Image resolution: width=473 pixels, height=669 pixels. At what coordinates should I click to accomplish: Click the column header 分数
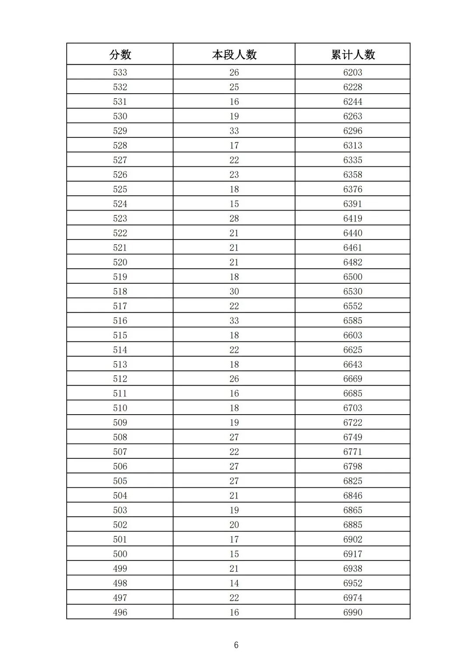(120, 55)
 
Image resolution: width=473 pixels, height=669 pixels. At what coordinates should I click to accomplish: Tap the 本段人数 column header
(234, 55)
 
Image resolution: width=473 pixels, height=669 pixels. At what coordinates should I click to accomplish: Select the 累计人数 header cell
(353, 55)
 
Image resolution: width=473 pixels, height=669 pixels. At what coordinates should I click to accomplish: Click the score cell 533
(120, 73)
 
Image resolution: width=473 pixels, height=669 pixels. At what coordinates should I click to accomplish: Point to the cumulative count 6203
(353, 73)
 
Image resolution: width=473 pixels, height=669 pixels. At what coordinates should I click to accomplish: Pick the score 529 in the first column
(120, 131)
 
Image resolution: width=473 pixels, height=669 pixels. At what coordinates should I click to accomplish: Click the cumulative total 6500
(353, 277)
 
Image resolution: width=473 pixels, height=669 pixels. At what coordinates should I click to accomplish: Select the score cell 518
(120, 292)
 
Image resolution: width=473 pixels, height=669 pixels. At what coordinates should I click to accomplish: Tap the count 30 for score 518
(234, 292)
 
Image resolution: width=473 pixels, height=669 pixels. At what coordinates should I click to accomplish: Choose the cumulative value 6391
(353, 204)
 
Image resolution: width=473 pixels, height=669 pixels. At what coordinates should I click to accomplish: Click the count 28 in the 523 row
(234, 218)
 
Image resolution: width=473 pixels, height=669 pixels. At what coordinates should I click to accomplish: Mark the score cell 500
(120, 554)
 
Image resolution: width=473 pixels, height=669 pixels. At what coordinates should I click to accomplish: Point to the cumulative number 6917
(353, 554)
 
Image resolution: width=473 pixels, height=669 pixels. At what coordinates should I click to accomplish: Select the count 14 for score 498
(234, 583)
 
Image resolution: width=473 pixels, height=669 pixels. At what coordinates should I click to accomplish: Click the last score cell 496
(120, 613)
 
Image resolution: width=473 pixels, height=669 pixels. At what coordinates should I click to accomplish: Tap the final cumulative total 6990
(353, 613)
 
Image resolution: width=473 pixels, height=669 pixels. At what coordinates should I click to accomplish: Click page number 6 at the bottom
(236, 645)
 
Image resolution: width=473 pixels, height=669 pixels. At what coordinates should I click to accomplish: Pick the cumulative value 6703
(353, 408)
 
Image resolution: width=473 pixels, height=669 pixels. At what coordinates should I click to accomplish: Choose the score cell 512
(120, 379)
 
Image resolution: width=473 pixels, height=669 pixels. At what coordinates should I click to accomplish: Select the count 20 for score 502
(234, 525)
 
